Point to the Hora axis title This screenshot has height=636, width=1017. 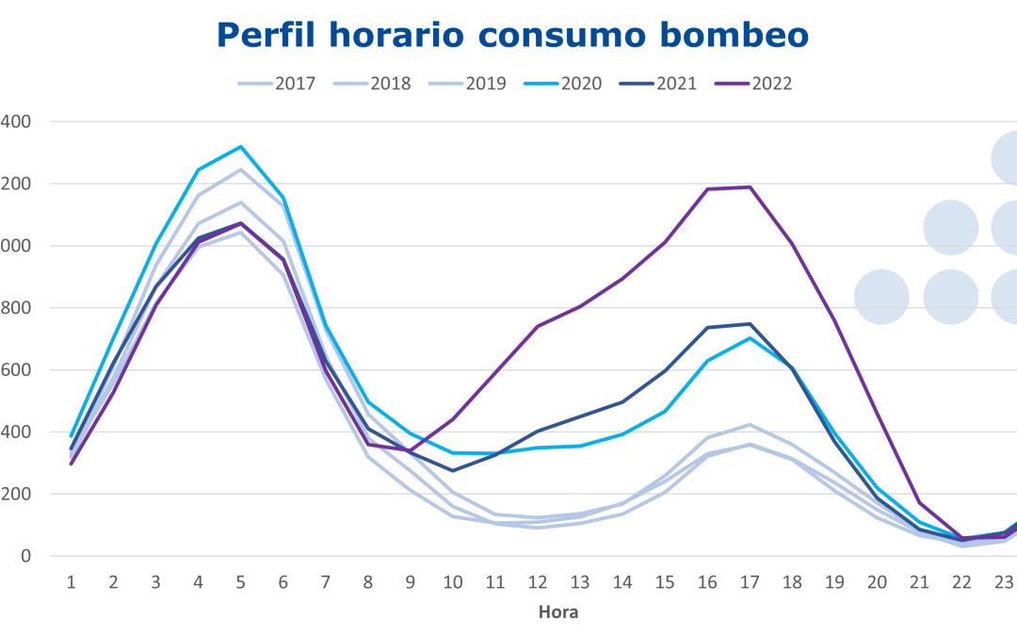tap(558, 612)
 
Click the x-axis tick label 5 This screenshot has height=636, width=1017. tap(241, 582)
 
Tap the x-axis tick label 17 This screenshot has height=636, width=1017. tap(750, 582)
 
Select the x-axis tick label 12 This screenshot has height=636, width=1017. tap(538, 582)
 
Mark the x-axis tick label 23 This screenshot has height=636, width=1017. tap(1004, 582)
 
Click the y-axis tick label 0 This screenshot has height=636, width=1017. tap(27, 556)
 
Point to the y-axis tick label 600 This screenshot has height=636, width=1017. tap(16, 370)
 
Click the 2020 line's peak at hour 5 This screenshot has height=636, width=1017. tap(241, 146)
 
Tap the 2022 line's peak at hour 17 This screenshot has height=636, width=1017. tap(750, 187)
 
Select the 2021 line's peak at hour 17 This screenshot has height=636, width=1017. tap(750, 324)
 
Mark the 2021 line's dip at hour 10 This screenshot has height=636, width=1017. tap(453, 470)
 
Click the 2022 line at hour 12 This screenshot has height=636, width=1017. tap(538, 326)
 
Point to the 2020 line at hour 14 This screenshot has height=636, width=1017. tap(622, 434)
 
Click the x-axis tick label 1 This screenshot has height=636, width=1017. tap(71, 582)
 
